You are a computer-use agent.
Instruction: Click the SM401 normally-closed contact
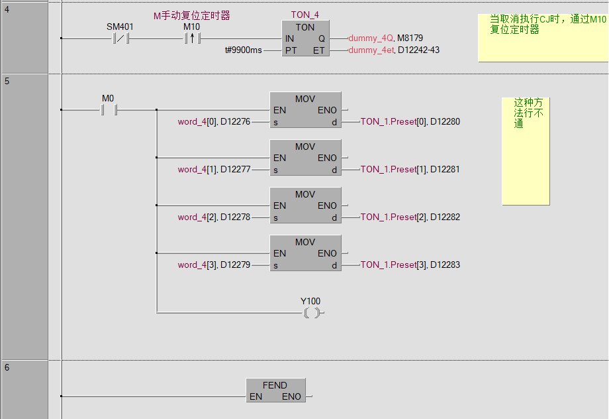[x=120, y=38]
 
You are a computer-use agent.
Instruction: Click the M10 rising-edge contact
[x=191, y=38]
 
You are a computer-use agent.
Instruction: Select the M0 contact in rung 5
[x=108, y=109]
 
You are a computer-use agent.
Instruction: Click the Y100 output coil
[x=310, y=312]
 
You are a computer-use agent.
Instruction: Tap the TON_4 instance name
[x=304, y=15]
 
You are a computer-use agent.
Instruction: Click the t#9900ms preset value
[x=244, y=50]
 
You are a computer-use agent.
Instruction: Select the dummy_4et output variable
[x=371, y=50]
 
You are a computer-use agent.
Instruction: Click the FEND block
[x=275, y=391]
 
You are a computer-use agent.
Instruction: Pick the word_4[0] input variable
[x=197, y=121]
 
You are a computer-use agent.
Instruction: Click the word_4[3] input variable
[x=197, y=265]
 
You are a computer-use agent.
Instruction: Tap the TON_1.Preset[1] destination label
[x=393, y=169]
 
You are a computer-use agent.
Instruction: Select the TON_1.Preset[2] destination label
[x=393, y=217]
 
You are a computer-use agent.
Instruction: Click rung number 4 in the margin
[x=7, y=9]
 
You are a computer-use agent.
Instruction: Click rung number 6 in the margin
[x=7, y=367]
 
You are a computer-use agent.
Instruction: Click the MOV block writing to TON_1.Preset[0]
[x=305, y=110]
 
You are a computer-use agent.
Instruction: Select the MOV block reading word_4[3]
[x=305, y=253]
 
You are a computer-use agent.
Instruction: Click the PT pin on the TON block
[x=291, y=50]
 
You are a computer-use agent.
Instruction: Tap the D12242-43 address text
[x=418, y=50]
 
